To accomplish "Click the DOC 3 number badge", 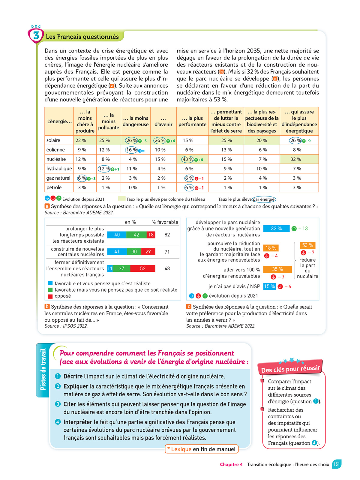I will pyautogui.click(x=36, y=36).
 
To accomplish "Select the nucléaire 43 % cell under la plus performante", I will pyautogui.click(x=188, y=159).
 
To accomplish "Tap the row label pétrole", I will pyautogui.click(x=54, y=187).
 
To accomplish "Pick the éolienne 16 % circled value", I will pyautogui.click(x=131, y=150).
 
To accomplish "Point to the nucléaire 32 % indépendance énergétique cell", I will pyautogui.click(x=296, y=159).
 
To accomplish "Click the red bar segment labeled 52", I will pyautogui.click(x=143, y=268).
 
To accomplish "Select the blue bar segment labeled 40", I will pyautogui.click(x=117, y=235).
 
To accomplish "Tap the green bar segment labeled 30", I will pyautogui.click(x=134, y=252).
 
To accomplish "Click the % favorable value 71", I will pyautogui.click(x=167, y=252).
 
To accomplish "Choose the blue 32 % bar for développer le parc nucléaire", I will pyautogui.click(x=276, y=229).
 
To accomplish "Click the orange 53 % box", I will pyautogui.click(x=307, y=245).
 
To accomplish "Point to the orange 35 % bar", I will pyautogui.click(x=277, y=269).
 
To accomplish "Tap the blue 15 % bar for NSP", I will pyautogui.click(x=269, y=286).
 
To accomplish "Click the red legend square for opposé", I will pyautogui.click(x=50, y=296).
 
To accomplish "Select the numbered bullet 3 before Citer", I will pyautogui.click(x=58, y=404).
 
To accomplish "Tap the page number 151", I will pyautogui.click(x=337, y=464).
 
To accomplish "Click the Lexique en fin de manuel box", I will pyautogui.click(x=202, y=449).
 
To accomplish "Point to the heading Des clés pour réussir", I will pyautogui.click(x=290, y=369).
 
